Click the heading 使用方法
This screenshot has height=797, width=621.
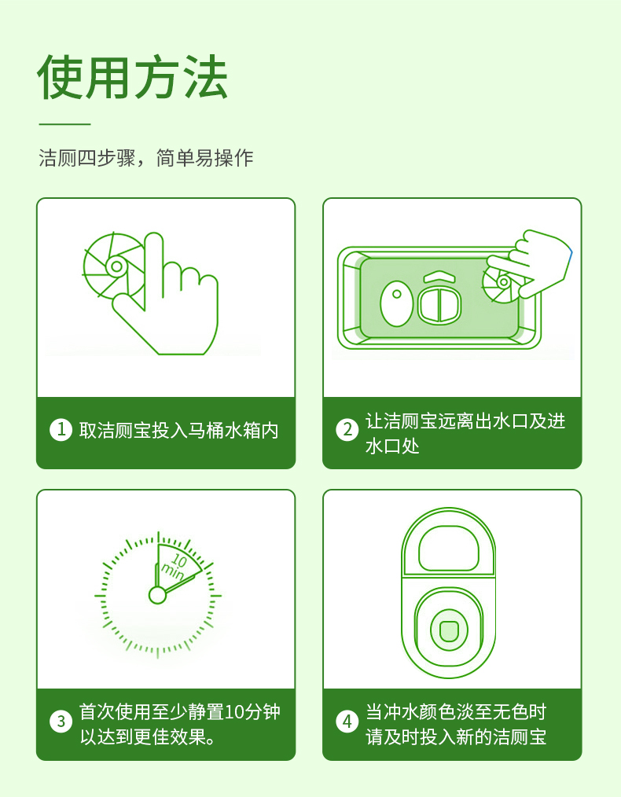coord(132,77)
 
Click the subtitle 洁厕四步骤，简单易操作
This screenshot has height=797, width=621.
coord(146,157)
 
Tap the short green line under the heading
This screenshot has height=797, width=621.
coord(64,123)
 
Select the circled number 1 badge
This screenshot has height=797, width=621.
coord(61,430)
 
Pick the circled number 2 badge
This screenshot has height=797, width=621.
coord(347,430)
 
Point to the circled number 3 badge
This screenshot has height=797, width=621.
coord(61,722)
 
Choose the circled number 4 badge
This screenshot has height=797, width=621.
coord(347,722)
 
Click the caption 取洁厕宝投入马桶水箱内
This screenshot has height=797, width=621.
coord(179,431)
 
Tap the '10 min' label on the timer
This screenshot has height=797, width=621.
coord(175,567)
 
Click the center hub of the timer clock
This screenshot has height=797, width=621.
coord(157,595)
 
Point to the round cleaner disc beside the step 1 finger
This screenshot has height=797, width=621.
coord(114,266)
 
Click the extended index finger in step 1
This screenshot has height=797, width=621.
coord(154,270)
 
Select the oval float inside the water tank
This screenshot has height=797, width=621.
coord(396,303)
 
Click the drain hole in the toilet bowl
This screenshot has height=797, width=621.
coord(448,630)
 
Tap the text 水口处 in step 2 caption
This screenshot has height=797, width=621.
coord(392,446)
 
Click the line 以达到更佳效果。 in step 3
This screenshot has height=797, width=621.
coord(147,736)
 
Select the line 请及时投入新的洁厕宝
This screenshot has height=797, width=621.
coord(456,736)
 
